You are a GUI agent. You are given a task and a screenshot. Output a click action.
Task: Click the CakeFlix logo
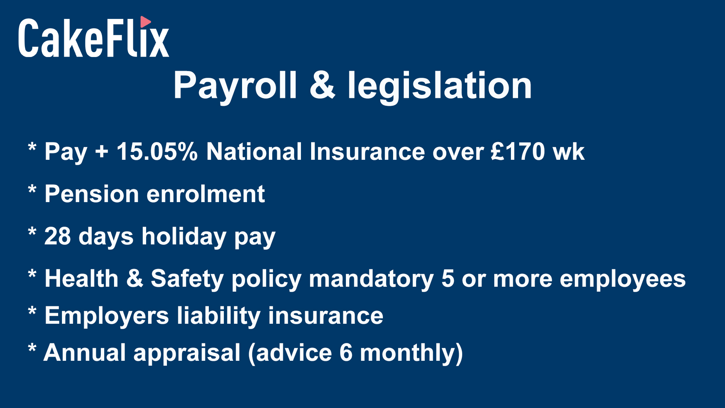coord(94,37)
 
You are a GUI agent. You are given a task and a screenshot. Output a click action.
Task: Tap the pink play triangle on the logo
coord(145,22)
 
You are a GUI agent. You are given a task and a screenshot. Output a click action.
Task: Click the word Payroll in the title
coord(235,87)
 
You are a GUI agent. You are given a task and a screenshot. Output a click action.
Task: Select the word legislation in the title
coord(440,87)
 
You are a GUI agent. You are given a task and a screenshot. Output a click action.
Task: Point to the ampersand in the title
coord(322,85)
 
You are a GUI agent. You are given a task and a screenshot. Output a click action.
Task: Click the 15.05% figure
coord(157,151)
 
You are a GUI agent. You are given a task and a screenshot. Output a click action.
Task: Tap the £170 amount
coord(518,151)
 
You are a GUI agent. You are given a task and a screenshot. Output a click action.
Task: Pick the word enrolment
coord(206,194)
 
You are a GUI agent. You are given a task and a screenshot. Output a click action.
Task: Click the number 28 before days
coord(57,236)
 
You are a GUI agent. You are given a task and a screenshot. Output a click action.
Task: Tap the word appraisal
coord(187,353)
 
